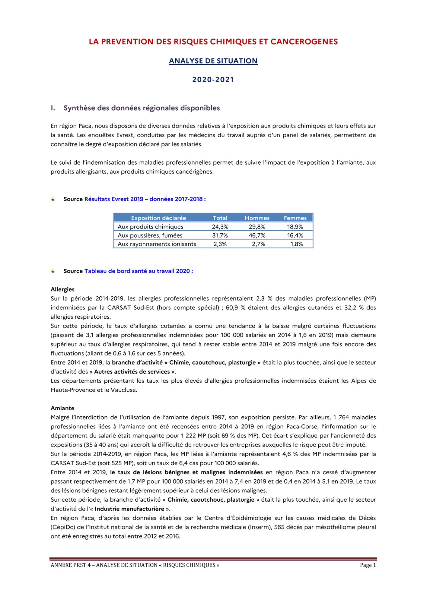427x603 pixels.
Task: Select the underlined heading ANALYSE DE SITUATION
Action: pos(213,61)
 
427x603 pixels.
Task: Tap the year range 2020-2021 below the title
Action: pos(213,80)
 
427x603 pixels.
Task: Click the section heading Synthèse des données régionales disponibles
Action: pos(142,108)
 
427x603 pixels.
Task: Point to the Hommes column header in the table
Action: pos(257,218)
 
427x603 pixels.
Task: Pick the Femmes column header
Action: pos(295,218)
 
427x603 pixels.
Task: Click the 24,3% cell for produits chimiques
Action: pos(220,227)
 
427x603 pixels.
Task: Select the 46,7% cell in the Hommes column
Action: pos(257,235)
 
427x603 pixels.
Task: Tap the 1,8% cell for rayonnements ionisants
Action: pos(296,244)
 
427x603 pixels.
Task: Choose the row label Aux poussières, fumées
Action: pos(150,235)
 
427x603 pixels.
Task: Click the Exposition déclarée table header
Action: pos(158,218)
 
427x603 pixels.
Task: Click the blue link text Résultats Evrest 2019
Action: pos(114,199)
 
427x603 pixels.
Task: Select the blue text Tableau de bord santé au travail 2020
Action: pos(137,271)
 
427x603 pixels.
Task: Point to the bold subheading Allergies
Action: pos(62,289)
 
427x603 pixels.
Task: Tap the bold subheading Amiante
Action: pos(62,408)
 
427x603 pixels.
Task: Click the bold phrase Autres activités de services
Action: pos(132,372)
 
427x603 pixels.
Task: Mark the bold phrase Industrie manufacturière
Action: pos(129,509)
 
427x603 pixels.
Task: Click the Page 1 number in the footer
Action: pos(368,565)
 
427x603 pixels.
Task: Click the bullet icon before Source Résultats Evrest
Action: pos(53,199)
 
